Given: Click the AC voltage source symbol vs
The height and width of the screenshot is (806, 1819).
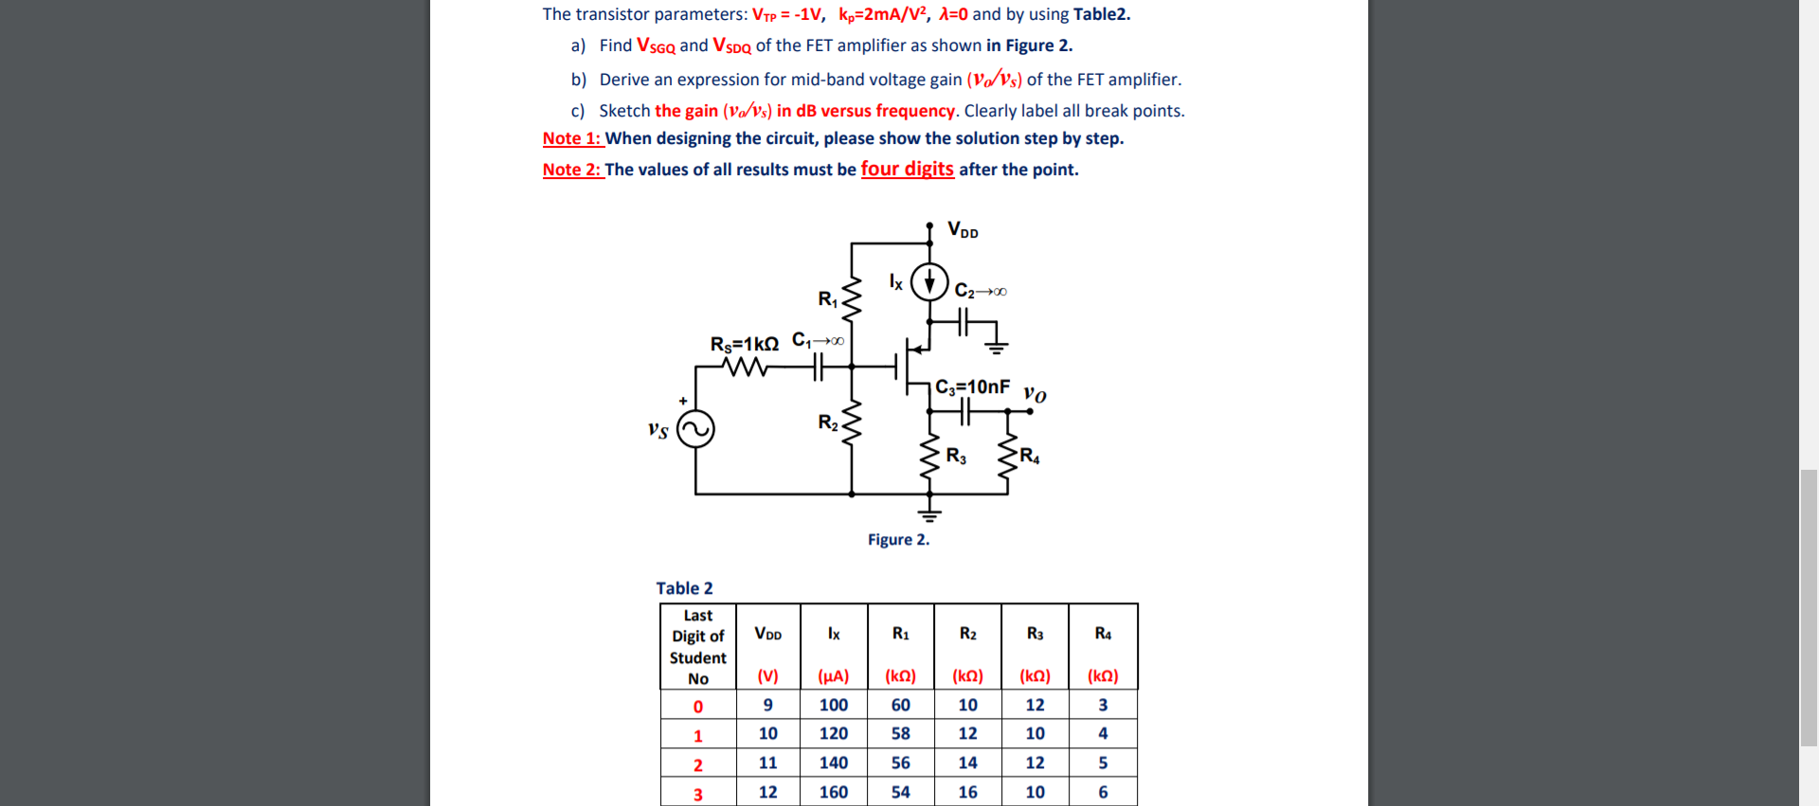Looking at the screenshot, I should tap(695, 429).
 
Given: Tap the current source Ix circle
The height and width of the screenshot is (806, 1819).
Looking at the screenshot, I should tap(929, 281).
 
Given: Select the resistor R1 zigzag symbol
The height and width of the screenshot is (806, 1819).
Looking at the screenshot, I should tap(852, 300).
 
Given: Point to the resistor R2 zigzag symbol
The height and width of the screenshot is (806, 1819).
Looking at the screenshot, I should tap(852, 422).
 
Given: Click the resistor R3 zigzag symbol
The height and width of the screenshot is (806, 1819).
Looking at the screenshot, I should tap(929, 457).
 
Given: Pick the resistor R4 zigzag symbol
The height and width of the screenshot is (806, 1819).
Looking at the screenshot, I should tap(1006, 457).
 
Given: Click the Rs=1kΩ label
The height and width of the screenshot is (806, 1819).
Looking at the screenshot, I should tap(745, 343).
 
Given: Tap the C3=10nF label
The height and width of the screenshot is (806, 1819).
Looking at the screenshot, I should tap(972, 386).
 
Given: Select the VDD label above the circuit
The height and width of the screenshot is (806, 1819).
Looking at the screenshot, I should tap(963, 230).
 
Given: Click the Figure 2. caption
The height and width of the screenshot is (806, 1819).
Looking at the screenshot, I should tap(898, 540).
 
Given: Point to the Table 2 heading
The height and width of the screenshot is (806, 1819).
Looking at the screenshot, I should tap(684, 588).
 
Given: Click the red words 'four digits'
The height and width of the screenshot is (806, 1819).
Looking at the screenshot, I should tap(907, 169).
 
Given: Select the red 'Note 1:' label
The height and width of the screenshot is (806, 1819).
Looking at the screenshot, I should tap(572, 138).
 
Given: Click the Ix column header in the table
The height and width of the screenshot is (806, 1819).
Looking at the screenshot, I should tap(834, 634).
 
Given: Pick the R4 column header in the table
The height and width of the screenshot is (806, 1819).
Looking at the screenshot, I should tap(1103, 634).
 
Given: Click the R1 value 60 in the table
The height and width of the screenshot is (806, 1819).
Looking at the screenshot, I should tap(900, 705).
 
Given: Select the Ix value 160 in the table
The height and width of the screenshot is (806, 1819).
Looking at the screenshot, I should tap(834, 792).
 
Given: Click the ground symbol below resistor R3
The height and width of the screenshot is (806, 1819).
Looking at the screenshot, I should tap(929, 514).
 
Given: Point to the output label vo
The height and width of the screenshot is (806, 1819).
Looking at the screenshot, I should tap(1035, 394).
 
